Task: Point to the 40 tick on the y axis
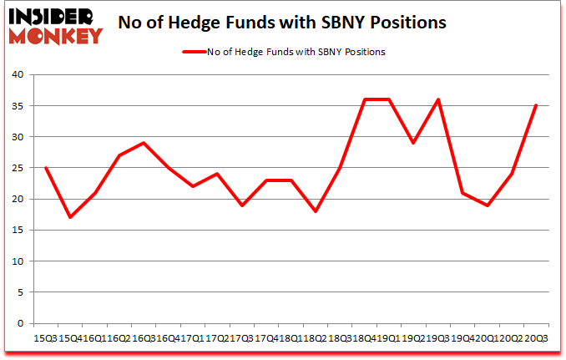18,75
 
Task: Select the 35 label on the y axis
18,106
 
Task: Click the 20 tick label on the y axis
18,200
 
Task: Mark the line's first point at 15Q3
46,168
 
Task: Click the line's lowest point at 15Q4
70,218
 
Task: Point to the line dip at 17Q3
241,205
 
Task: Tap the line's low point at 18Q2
316,211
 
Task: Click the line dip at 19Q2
413,143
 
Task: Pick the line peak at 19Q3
437,99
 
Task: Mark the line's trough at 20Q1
487,205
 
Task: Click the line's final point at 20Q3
535,105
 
